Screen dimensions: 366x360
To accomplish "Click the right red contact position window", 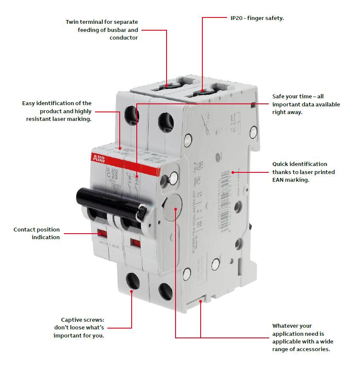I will tap(135, 243).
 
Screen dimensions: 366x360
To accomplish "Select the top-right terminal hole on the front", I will tap(165, 122).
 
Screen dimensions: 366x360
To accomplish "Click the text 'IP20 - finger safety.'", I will tap(254, 18).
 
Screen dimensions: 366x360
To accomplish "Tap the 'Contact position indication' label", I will tap(37, 233).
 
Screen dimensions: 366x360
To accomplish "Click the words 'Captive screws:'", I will tap(82, 320).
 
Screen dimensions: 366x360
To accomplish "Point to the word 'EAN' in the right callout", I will tap(280, 180).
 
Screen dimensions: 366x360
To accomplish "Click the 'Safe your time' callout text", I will tap(306, 104).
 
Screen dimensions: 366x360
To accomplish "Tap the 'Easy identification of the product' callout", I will tap(57, 111).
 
